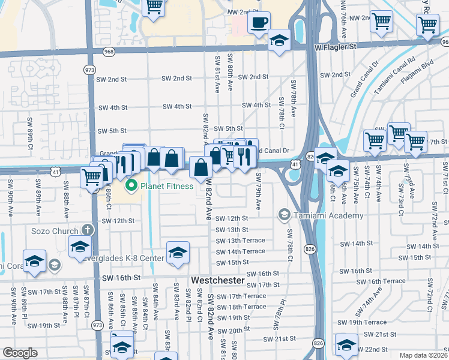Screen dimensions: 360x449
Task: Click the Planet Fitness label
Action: (167, 186)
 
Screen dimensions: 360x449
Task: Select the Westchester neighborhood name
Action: (218, 280)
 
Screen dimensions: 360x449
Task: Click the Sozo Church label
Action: (55, 231)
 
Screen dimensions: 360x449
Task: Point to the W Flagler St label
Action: (336, 46)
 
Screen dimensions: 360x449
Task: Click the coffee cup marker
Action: (259, 23)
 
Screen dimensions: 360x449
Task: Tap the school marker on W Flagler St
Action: (278, 41)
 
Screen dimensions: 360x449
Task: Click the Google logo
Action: (20, 353)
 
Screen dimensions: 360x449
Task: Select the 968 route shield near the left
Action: (109, 52)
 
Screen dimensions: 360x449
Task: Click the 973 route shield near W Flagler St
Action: (89, 70)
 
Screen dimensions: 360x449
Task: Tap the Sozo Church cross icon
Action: (87, 230)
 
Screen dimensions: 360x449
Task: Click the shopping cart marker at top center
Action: (154, 7)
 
